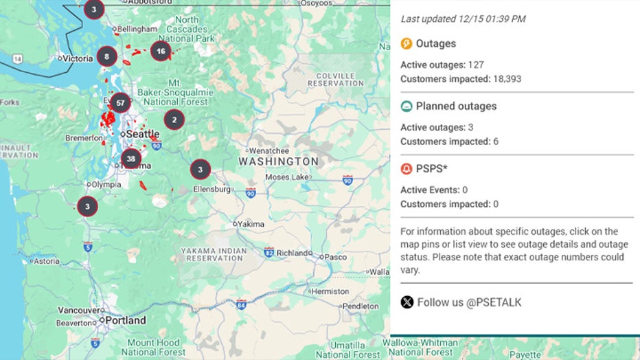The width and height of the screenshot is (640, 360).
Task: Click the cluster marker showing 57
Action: coord(120,103)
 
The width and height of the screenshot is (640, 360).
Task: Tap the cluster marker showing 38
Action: coord(130,159)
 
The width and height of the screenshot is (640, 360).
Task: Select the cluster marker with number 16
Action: coord(161,51)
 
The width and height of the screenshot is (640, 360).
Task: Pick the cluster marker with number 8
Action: coord(106,56)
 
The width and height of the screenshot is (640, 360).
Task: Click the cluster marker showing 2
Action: coord(174,120)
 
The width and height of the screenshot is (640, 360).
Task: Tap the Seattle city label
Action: coord(143,134)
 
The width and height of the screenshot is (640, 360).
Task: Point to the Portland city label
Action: coord(126,320)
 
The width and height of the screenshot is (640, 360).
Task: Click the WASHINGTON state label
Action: coord(278,161)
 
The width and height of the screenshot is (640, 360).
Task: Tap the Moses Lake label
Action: coord(286,177)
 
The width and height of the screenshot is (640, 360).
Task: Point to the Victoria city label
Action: coord(78,58)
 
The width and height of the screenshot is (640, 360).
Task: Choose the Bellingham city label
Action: coord(134,30)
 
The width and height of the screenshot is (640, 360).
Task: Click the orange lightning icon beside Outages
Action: coord(407,44)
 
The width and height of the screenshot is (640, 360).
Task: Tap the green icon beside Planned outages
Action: coord(407,106)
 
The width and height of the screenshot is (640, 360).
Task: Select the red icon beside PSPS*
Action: coord(407,169)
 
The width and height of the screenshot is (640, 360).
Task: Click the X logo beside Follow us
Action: coord(407,302)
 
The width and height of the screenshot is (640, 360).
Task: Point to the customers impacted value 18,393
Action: coord(507,79)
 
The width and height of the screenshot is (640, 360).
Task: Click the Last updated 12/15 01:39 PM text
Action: coord(463,19)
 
